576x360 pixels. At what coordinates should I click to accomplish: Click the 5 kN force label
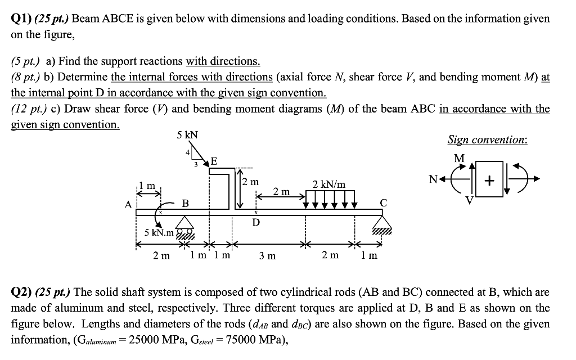(187, 135)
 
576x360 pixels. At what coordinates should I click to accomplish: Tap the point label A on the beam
(128, 205)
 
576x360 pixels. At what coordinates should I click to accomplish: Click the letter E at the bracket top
(213, 161)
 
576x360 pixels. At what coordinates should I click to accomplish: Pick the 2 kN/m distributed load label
(329, 184)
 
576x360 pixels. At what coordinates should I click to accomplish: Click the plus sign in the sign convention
(490, 181)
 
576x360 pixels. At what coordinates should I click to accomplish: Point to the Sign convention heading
(487, 139)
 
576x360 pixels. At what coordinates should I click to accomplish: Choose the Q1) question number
(21, 19)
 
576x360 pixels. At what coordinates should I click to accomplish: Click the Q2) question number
(21, 292)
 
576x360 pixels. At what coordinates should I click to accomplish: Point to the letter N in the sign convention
(433, 179)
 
